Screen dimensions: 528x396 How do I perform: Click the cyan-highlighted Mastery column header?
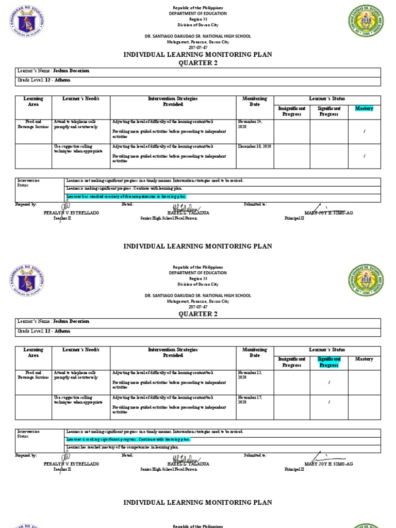pos(364,108)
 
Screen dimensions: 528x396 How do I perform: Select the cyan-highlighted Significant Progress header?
pos(328,362)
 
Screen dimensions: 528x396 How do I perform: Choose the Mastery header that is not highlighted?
pos(364,359)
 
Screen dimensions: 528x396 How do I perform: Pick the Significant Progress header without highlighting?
pos(328,111)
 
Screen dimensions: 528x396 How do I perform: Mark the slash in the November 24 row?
pos(364,131)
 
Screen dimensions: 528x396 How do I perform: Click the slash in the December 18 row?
pos(364,156)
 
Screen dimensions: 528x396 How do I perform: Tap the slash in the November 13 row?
pos(328,382)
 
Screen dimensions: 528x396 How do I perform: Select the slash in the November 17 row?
pos(328,402)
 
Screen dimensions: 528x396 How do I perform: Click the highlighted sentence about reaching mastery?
pos(126,196)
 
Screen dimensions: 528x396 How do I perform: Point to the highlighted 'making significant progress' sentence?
pos(128,439)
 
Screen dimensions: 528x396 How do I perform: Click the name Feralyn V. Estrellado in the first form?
pos(71,213)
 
